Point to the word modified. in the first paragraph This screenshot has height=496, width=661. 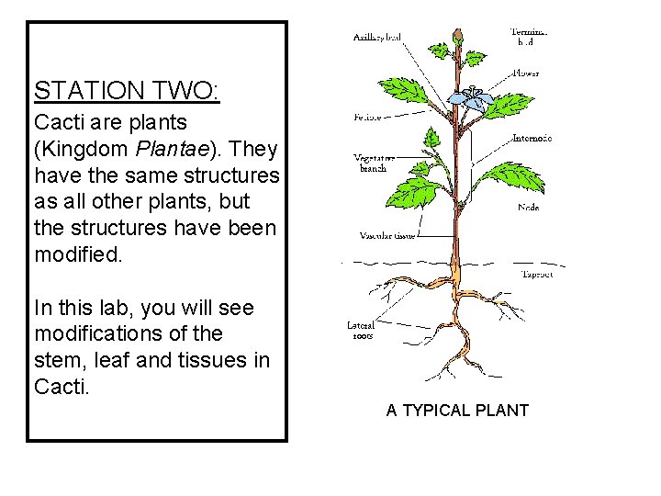click(77, 253)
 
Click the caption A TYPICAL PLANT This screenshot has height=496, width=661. click(457, 411)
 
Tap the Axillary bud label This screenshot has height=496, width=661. click(376, 37)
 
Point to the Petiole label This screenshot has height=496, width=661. click(368, 118)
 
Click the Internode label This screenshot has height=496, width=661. click(532, 139)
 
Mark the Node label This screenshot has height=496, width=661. click(528, 208)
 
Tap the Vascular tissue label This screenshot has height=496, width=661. click(387, 236)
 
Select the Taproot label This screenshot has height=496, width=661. click(537, 275)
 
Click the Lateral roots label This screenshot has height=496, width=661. click(360, 330)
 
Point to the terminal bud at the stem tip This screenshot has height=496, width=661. click(457, 35)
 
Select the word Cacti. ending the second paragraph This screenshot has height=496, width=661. click(62, 387)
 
